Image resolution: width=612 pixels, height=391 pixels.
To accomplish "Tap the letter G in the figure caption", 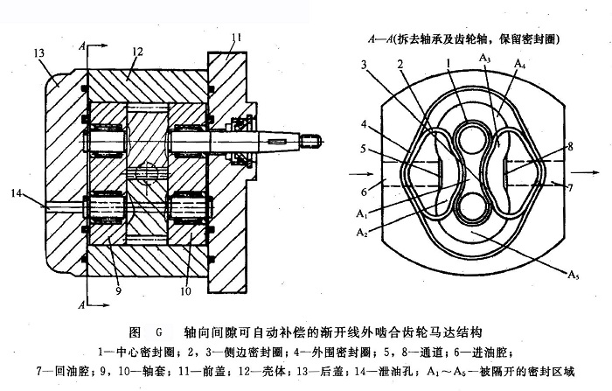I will [160, 332].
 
